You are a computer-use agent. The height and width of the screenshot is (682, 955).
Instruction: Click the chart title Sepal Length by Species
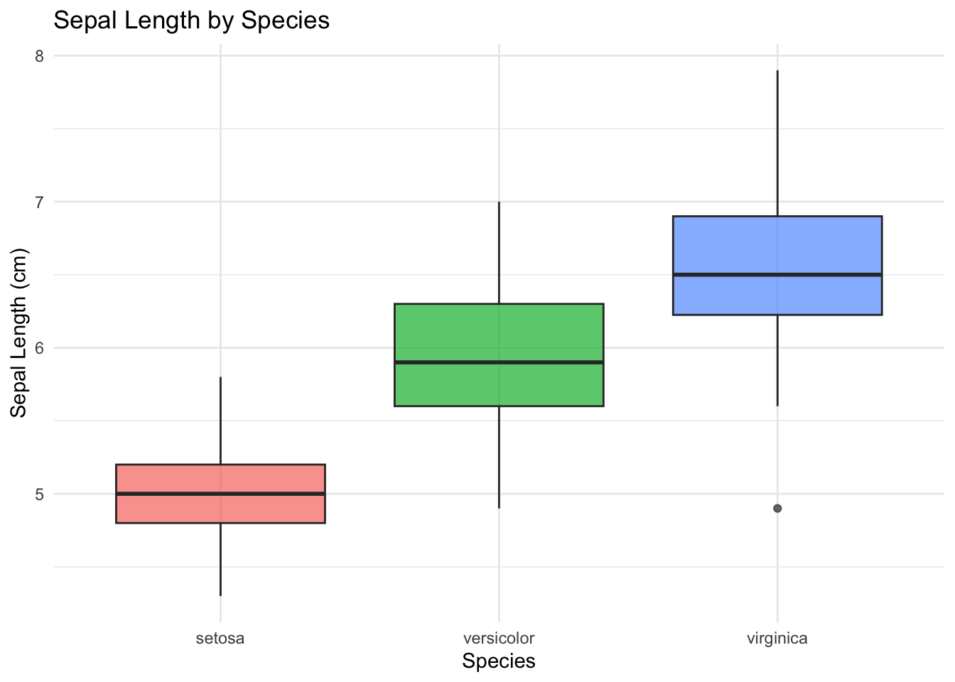click(x=191, y=20)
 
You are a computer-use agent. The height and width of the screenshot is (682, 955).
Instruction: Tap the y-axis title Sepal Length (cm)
click(x=19, y=333)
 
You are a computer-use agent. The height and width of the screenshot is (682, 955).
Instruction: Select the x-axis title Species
click(x=498, y=661)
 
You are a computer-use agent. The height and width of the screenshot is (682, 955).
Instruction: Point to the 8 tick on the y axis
click(x=39, y=55)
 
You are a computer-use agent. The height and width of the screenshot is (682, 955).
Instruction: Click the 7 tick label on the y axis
click(x=39, y=202)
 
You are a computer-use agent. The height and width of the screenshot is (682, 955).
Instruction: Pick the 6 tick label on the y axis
click(x=39, y=348)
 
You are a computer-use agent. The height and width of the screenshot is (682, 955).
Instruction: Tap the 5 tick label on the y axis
click(x=39, y=494)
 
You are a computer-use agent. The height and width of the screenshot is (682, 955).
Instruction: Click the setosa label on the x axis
click(x=220, y=638)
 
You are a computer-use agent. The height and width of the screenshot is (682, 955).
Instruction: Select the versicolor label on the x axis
click(x=498, y=638)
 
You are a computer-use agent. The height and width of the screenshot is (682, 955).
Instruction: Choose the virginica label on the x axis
click(x=777, y=638)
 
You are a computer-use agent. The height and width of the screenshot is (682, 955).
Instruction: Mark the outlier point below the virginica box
click(x=777, y=509)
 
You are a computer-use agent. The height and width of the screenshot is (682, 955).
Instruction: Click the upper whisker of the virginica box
click(x=777, y=142)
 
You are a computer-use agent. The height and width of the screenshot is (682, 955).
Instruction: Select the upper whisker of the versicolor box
click(x=499, y=252)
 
